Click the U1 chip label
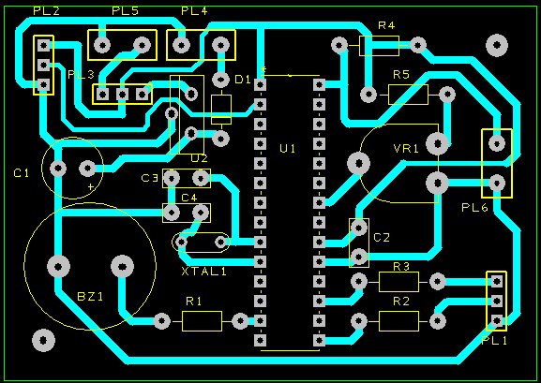point(288,149)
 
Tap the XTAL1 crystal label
point(203,272)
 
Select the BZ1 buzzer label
point(90,296)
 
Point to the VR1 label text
point(406,149)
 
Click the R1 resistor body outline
point(202,321)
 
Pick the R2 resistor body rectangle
point(398,321)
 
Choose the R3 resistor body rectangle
point(398,282)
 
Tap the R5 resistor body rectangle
point(408,95)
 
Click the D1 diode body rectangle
point(221,110)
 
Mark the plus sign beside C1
point(91,187)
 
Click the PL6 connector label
point(474,208)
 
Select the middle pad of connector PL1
point(497,302)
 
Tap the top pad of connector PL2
point(44,45)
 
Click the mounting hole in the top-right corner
point(497,45)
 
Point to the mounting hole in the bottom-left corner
point(43,341)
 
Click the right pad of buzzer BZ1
point(122,267)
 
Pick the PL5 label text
point(125,11)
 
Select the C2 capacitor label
point(382,238)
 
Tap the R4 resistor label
point(386,25)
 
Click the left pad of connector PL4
point(182,45)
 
